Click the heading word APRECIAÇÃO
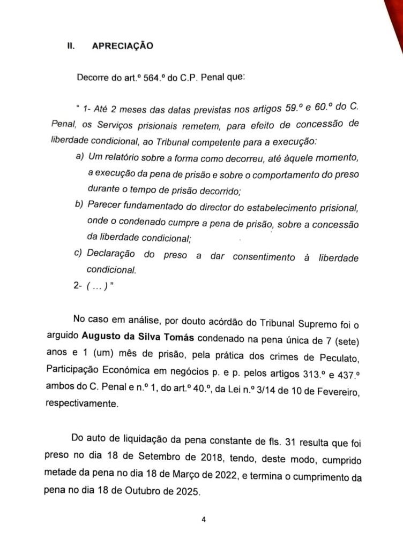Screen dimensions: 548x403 123,46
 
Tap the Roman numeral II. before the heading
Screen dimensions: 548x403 70,46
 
